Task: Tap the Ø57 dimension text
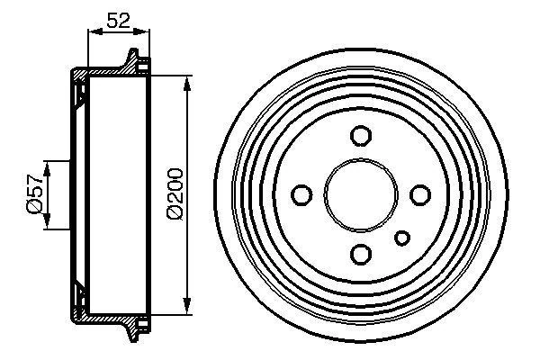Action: pos(32,194)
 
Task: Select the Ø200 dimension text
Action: pos(175,194)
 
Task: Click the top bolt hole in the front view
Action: pos(360,136)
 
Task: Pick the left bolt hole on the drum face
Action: pos(302,194)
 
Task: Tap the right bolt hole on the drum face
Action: pos(418,194)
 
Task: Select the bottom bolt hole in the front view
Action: pos(360,253)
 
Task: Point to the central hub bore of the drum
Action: pos(360,194)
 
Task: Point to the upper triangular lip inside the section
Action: pos(79,89)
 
